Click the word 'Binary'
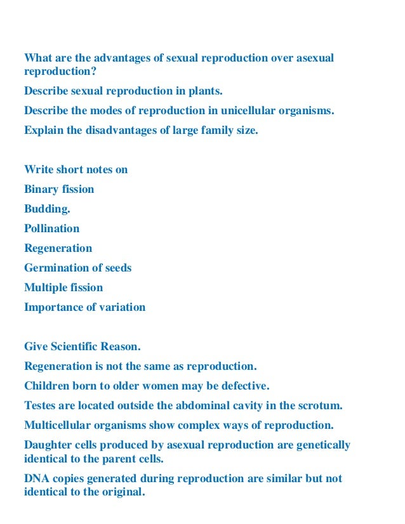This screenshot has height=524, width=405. (x=42, y=189)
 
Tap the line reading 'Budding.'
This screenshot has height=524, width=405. (x=47, y=209)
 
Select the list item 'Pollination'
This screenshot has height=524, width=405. (x=52, y=228)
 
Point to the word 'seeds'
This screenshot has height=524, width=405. (x=117, y=268)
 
